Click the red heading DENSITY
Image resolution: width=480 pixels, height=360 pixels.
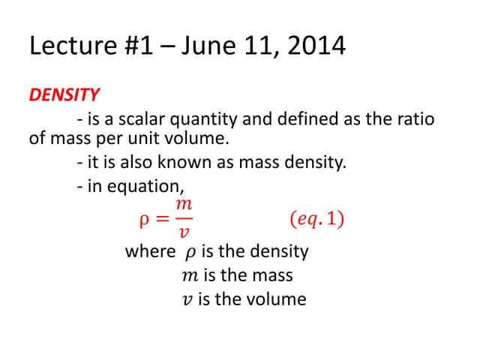click(64, 95)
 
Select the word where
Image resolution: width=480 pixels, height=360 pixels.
click(150, 251)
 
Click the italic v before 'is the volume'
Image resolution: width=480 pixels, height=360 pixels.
click(187, 299)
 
